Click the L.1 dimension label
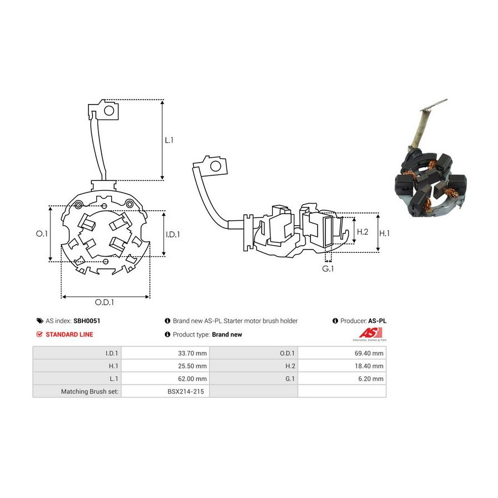169,140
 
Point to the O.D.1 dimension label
105,302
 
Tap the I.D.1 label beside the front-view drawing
173,235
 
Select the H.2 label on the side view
362,232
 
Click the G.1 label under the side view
328,269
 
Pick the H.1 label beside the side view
385,234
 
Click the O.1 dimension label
41,234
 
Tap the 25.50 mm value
192,366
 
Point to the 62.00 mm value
192,378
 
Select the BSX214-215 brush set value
186,391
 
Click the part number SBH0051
87,321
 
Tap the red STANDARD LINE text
69,334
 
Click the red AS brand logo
370,333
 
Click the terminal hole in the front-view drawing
109,111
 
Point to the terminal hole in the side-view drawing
216,166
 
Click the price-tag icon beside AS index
40,321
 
